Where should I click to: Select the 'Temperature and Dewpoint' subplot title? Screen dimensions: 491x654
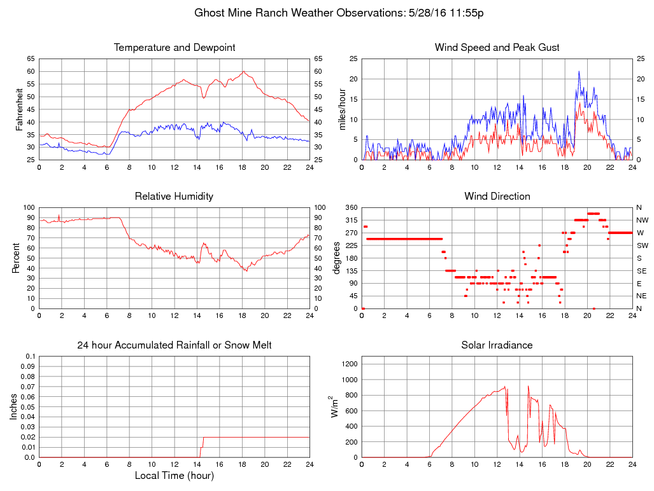pos(174,48)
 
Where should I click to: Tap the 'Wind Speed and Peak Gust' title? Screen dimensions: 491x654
pos(497,48)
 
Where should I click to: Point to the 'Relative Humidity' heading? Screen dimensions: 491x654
pos(174,197)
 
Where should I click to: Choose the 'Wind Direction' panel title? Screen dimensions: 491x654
pos(497,197)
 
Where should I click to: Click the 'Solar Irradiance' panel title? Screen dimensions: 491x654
pos(497,345)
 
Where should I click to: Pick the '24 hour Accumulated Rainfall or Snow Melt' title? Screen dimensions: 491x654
pos(174,345)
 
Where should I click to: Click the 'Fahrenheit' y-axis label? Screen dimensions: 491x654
pos(20,109)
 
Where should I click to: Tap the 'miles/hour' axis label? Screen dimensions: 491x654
pos(342,109)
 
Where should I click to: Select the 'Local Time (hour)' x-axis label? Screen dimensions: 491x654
pos(174,475)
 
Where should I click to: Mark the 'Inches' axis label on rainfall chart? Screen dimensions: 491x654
pos(14,406)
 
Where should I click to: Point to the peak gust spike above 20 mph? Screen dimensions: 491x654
pos(579,72)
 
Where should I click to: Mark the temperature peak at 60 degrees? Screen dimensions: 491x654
pos(243,72)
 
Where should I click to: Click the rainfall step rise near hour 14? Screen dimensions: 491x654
pos(203,443)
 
